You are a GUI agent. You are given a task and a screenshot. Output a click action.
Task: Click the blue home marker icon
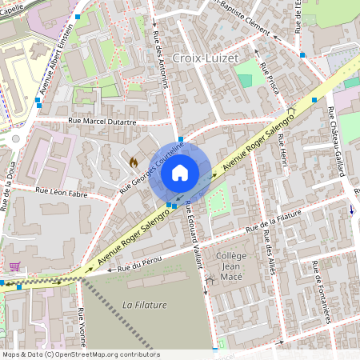[180, 172]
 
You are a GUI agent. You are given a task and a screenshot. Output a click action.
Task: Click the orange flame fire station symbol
[134, 162]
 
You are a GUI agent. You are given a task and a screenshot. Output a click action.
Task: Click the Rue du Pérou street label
[140, 263]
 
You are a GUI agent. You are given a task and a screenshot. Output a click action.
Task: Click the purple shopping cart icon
[14, 266]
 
